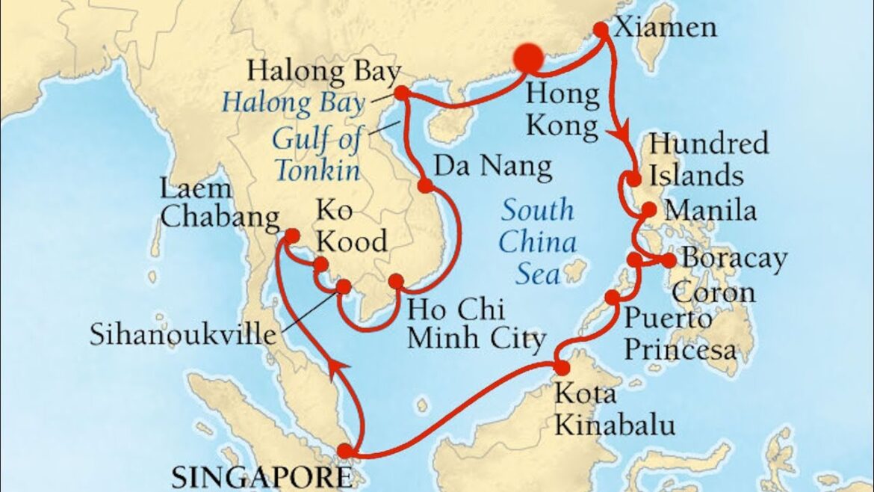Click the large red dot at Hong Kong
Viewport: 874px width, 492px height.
pos(528,58)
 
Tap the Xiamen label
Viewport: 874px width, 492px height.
pos(665,28)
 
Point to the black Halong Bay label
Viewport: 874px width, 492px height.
pos(323,73)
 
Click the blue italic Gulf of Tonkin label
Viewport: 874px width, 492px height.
pos(317,154)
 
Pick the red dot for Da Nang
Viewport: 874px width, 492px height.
pos(425,185)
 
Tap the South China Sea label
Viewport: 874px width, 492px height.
pos(538,242)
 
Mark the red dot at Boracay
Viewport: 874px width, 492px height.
pos(668,260)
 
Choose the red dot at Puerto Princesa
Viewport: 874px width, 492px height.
pos(613,298)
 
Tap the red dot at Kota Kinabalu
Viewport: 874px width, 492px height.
pos(562,367)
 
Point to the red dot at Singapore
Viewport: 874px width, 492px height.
pos(344,451)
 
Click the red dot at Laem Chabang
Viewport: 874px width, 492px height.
pos(291,236)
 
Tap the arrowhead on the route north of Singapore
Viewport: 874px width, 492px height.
pos(332,366)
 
